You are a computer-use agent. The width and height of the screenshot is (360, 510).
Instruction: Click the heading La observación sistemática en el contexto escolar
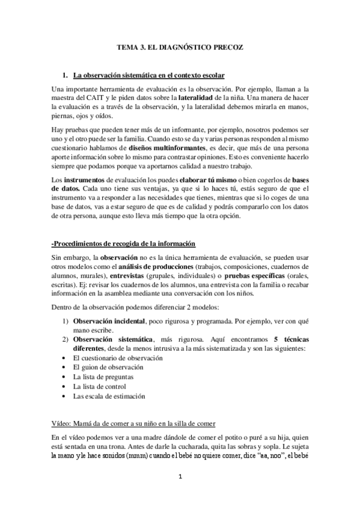point(148,76)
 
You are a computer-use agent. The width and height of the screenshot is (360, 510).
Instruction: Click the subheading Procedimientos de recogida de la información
point(124,244)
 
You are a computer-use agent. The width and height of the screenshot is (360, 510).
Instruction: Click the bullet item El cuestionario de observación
point(117,358)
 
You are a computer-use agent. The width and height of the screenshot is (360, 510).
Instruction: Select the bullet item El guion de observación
point(108,367)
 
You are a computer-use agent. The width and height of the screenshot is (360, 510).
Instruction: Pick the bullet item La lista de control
point(99,386)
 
